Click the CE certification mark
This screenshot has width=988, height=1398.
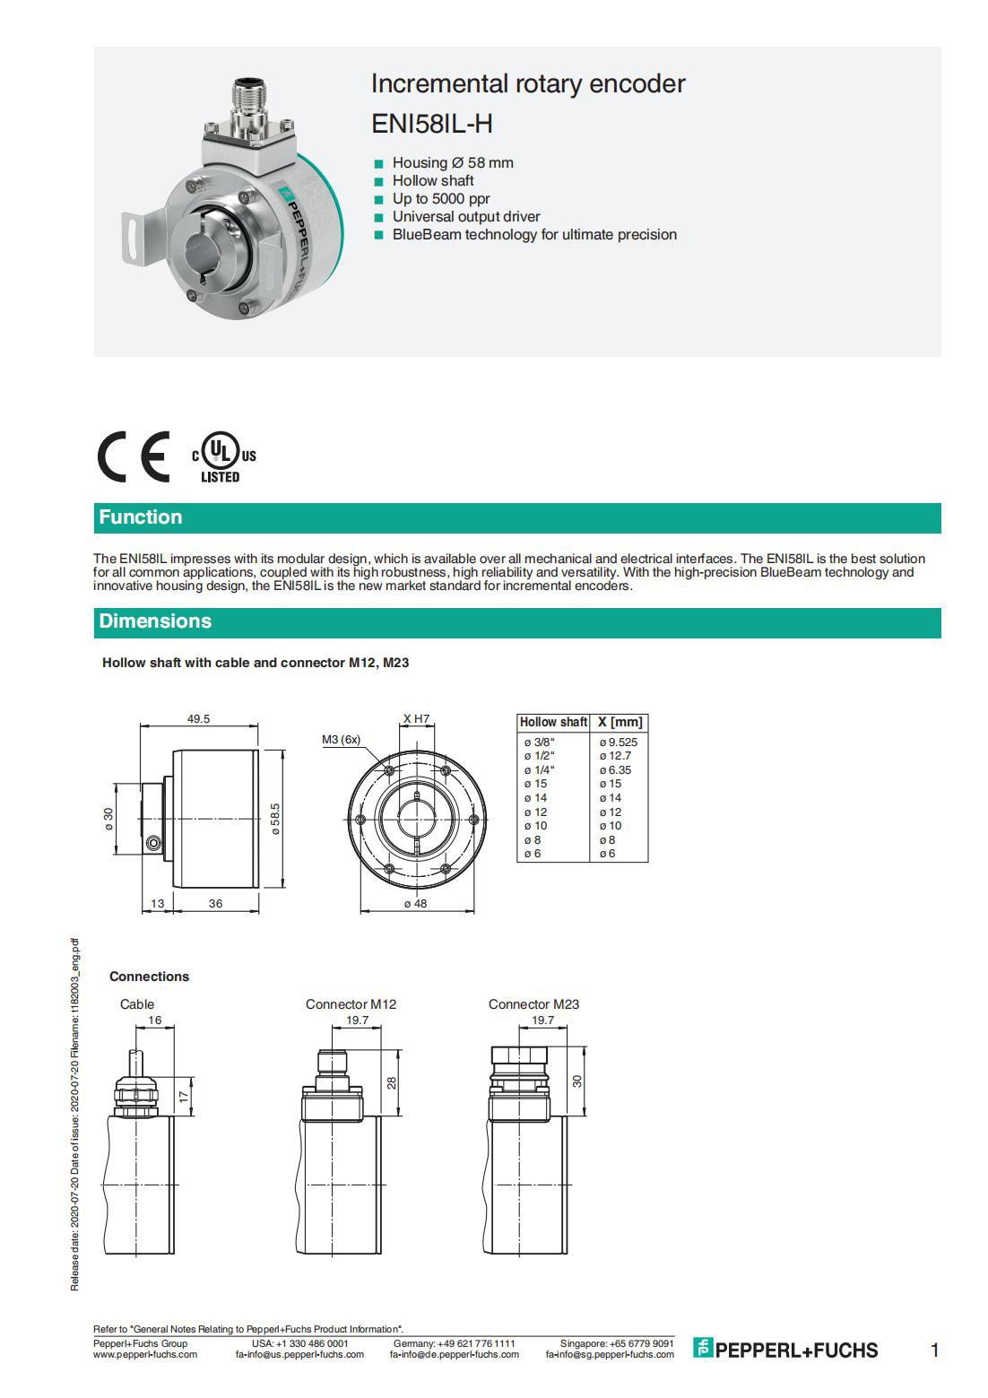pos(134,456)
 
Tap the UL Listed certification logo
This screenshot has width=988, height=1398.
pos(223,458)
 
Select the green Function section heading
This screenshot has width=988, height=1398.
pos(141,517)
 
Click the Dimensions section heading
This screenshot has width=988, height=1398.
pos(155,621)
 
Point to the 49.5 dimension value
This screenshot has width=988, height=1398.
pos(198,719)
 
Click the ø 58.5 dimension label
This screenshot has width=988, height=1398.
pos(276,818)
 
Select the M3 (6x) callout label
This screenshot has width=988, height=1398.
pos(341,740)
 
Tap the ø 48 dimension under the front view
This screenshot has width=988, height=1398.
pos(415,904)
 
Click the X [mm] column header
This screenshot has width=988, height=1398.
pos(620,722)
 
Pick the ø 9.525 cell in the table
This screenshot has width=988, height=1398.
pos(619,742)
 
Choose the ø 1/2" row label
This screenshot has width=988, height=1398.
pos(540,756)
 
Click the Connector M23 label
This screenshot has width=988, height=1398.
pos(533,1004)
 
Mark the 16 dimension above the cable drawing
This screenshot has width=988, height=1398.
pos(155,1020)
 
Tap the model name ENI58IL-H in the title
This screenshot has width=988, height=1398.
pos(431,123)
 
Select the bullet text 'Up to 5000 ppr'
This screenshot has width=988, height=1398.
pos(441,199)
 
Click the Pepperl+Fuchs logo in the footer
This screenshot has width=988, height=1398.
pos(785,1350)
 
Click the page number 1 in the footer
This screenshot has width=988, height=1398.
pos(934,1350)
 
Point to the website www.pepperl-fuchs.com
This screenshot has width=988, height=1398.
pos(145,1355)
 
